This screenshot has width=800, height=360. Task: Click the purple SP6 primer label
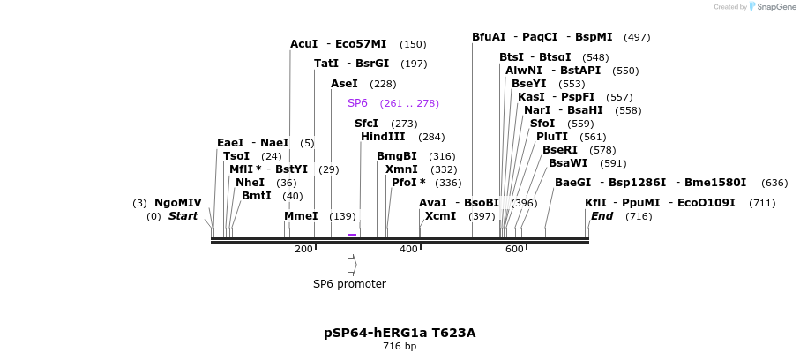357,103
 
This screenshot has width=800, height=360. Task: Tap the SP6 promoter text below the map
349,284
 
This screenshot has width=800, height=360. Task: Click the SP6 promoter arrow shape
352,265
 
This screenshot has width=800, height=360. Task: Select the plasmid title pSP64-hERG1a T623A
400,333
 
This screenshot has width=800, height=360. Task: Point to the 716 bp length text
400,346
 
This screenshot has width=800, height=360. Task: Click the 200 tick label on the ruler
303,250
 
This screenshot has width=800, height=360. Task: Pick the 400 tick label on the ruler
408,250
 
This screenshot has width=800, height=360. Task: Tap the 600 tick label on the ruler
514,250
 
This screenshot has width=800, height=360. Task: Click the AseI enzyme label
344,84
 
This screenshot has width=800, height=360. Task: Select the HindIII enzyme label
383,137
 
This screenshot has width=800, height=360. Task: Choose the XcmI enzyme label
440,216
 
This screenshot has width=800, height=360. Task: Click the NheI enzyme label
250,183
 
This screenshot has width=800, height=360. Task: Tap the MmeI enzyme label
301,216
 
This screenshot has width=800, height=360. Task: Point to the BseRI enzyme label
560,150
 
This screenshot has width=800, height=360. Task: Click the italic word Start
183,216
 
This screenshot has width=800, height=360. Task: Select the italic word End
602,216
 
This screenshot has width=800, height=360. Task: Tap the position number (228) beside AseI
383,84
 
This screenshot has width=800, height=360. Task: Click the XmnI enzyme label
401,169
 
